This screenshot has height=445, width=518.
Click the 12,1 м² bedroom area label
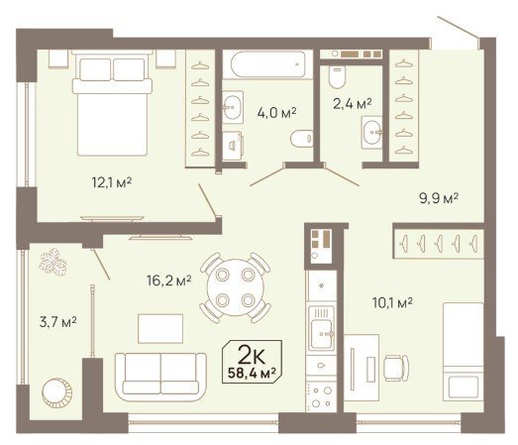112,182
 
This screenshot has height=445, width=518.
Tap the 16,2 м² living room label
169,281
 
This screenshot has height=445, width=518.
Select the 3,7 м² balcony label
58,322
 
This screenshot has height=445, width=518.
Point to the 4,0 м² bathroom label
277,113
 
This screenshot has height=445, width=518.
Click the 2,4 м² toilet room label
353,104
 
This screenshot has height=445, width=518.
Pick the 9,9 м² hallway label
439,198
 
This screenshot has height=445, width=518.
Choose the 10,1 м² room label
392,302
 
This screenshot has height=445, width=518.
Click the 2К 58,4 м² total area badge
252,362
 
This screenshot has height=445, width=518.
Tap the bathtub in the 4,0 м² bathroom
267,64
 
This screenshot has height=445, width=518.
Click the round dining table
235,287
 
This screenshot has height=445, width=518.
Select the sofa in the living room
160,377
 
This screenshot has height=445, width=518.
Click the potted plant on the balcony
52,263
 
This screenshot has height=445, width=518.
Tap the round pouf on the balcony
56,393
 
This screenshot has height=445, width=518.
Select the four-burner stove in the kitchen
322,397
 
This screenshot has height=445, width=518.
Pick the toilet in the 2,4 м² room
337,76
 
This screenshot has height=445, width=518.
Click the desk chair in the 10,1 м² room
396,368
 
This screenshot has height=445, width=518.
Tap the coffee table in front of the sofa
160,329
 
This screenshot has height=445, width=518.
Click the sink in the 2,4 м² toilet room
372,132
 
